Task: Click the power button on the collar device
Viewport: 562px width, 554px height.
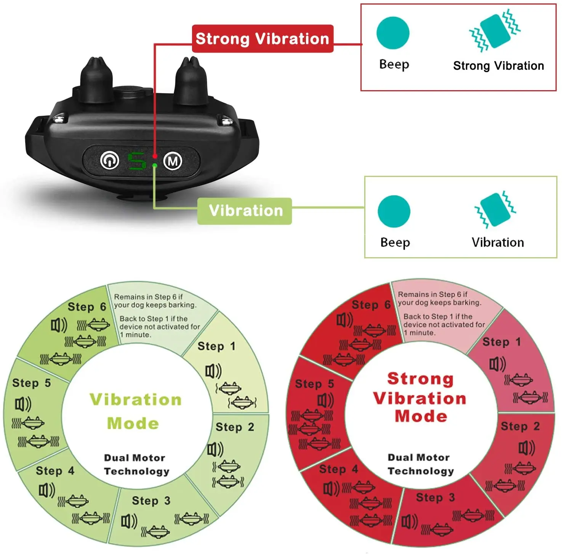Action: pos(110,161)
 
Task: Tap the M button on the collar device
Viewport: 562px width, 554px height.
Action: pos(173,161)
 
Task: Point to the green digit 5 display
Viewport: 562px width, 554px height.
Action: pos(136,161)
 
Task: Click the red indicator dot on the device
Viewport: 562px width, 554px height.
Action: pos(155,156)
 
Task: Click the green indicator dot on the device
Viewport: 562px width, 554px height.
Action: pos(155,166)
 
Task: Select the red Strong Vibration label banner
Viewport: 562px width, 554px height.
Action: pos(263,39)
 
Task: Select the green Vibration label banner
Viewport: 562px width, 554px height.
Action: pos(245,211)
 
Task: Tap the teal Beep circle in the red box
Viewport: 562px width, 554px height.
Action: pos(393,33)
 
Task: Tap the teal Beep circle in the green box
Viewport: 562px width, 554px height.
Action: pos(394,212)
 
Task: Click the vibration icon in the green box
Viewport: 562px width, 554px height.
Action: pos(495,210)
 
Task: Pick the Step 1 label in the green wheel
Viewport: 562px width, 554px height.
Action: pos(216,346)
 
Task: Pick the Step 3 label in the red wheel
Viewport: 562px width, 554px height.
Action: pos(435,497)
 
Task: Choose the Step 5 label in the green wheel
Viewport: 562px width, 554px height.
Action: pos(31,383)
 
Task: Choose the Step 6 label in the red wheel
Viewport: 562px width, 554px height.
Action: pos(371,305)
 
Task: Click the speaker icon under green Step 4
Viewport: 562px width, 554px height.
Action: pos(47,490)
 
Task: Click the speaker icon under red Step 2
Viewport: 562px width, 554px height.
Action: pos(527,448)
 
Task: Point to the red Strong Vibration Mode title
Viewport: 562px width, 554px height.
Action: pos(420,398)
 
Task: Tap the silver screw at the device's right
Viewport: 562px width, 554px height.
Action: pos(227,121)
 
